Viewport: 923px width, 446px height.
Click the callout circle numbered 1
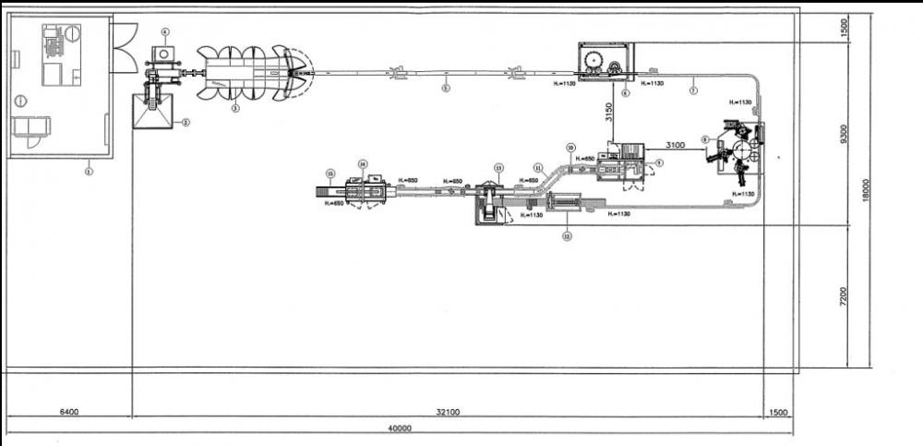tap(90, 170)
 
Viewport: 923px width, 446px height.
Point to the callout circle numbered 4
tap(164, 31)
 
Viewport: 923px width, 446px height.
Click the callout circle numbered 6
tap(626, 92)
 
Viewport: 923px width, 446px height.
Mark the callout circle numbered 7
tap(694, 91)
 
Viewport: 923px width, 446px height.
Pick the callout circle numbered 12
tap(567, 236)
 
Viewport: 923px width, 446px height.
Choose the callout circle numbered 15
tap(330, 173)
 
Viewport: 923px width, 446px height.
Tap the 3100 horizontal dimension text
tap(673, 145)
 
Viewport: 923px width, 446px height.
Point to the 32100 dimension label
tap(446, 412)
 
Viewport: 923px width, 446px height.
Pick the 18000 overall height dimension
tap(866, 191)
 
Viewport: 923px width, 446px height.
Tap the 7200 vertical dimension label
tap(842, 296)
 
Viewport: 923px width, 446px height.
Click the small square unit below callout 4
tap(164, 54)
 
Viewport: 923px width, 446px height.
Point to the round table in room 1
tap(19, 101)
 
